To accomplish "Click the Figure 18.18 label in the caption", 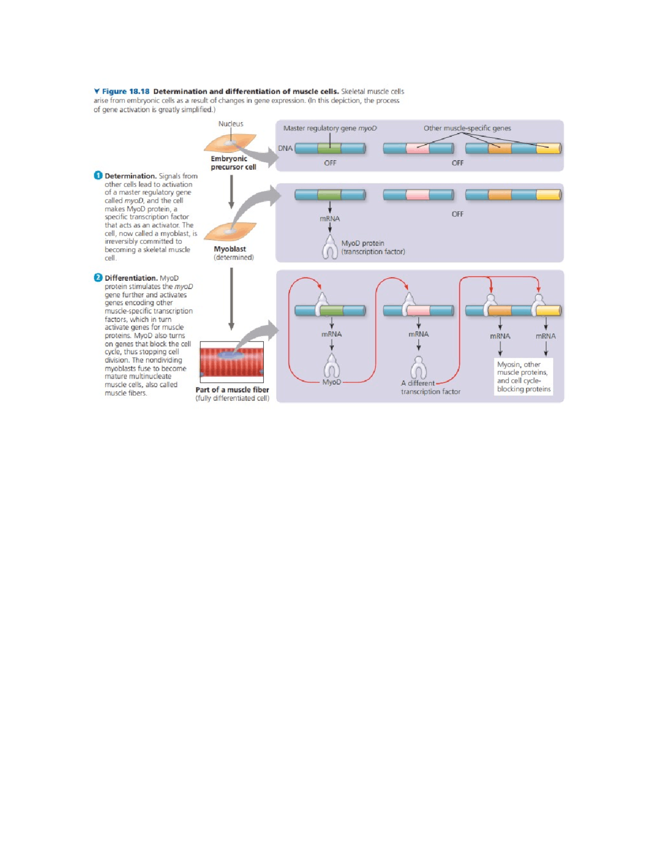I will (x=125, y=92).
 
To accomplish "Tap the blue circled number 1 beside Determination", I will (x=98, y=176).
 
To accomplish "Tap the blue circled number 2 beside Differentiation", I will (x=98, y=278).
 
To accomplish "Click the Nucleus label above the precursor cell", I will (x=230, y=124).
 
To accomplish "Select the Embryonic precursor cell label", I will (x=233, y=163).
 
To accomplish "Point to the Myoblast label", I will (x=230, y=249).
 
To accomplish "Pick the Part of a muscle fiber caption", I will (x=232, y=390).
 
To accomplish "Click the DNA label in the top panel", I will (x=285, y=148).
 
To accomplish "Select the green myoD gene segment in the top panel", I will (x=329, y=149).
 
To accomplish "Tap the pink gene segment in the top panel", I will (x=417, y=149).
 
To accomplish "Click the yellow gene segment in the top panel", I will (x=548, y=149).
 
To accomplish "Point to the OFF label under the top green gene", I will (x=330, y=163).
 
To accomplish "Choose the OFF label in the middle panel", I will (x=457, y=214).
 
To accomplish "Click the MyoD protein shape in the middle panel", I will (x=330, y=247).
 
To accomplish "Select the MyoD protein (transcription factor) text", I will (x=373, y=247).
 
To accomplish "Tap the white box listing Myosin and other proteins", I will (x=523, y=377).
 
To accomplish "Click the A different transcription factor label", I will (x=430, y=387).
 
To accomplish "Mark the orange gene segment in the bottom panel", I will (x=499, y=311).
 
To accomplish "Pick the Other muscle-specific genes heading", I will (x=467, y=128).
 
